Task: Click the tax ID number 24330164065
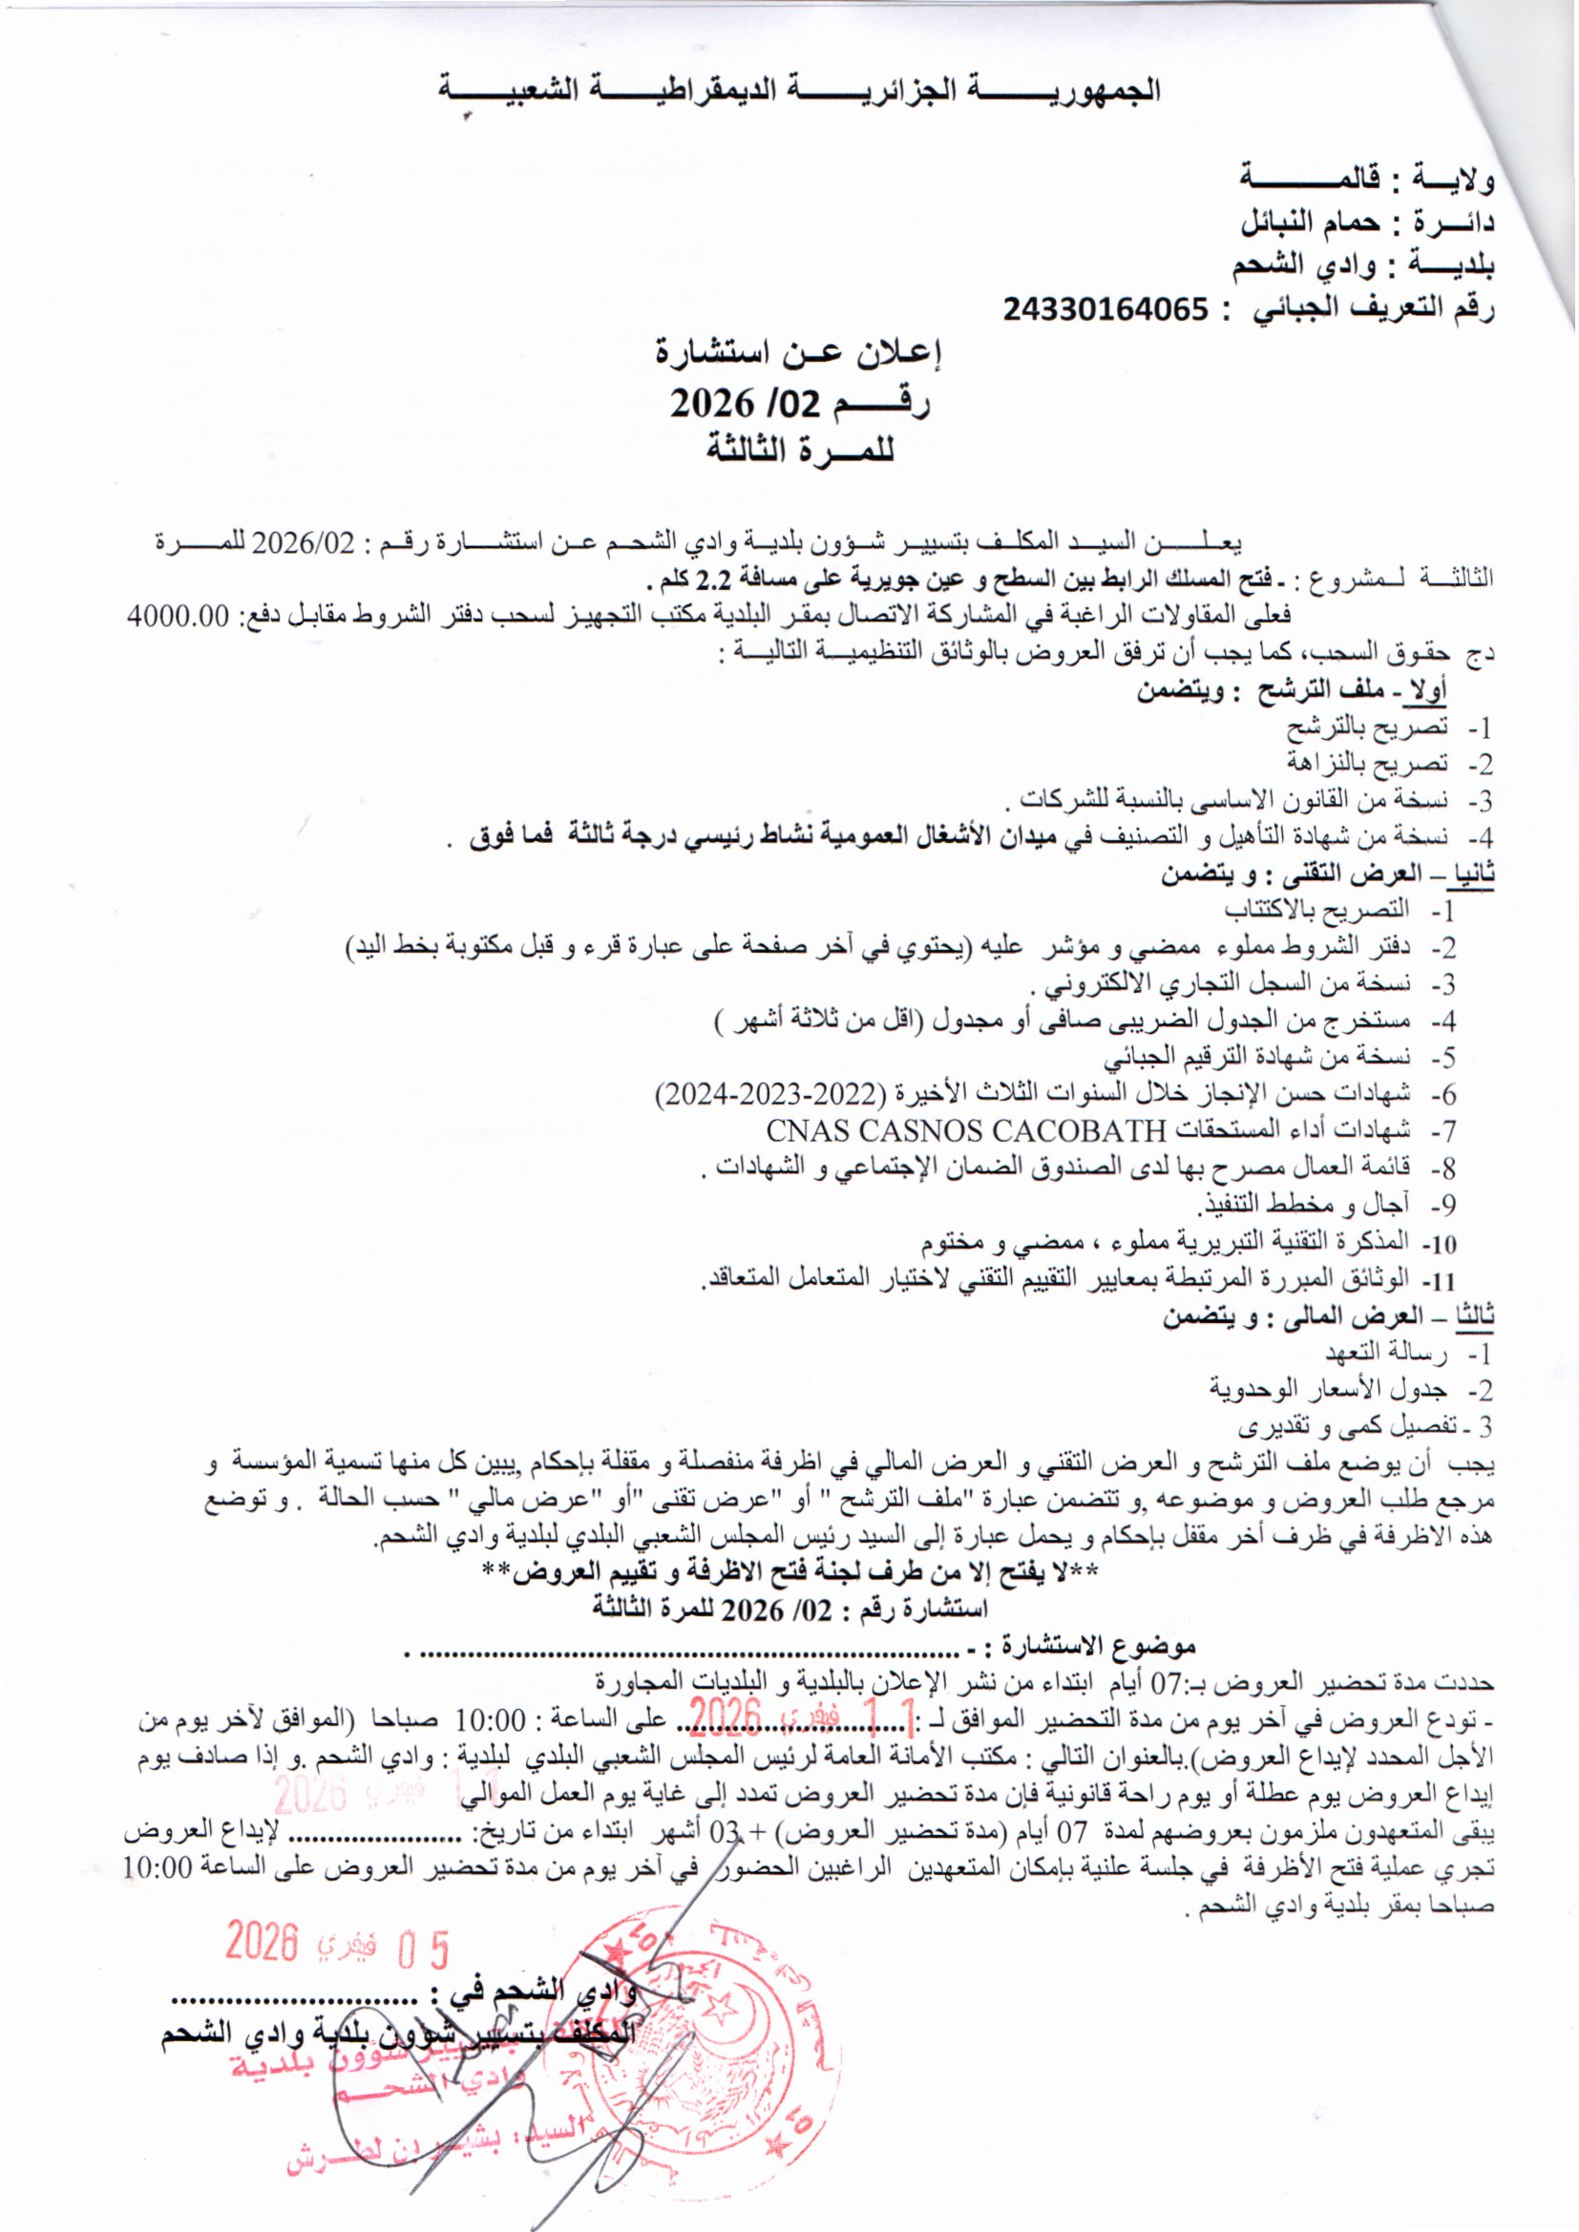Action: click(x=1106, y=310)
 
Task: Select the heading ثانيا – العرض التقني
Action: click(x=1328, y=874)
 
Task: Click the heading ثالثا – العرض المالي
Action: click(x=1328, y=1318)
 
